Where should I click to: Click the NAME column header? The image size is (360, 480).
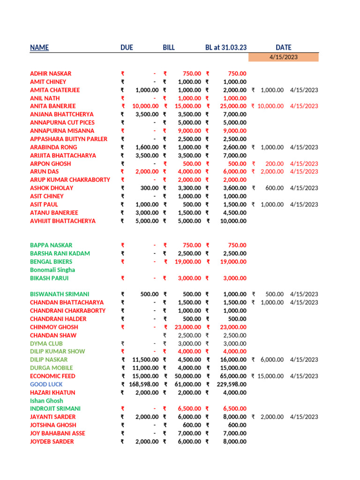pyautogui.click(x=39, y=47)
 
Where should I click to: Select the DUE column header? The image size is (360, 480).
pyautogui.click(x=127, y=47)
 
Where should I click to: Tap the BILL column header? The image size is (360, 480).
pyautogui.click(x=169, y=47)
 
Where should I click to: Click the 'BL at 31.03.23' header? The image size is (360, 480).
pyautogui.click(x=226, y=47)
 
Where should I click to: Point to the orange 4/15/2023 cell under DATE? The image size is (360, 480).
pyautogui.click(x=283, y=57)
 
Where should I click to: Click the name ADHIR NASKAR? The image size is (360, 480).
pyautogui.click(x=51, y=74)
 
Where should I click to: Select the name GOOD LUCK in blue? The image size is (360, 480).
pyautogui.click(x=46, y=384)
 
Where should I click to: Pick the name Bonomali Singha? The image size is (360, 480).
pyautogui.click(x=52, y=270)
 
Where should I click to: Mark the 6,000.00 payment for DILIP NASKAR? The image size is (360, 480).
pyautogui.click(x=272, y=360)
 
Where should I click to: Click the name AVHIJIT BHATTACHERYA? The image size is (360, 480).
pyautogui.click(x=63, y=221)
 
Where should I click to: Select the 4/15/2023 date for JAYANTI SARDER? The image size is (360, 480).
pyautogui.click(x=304, y=417)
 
